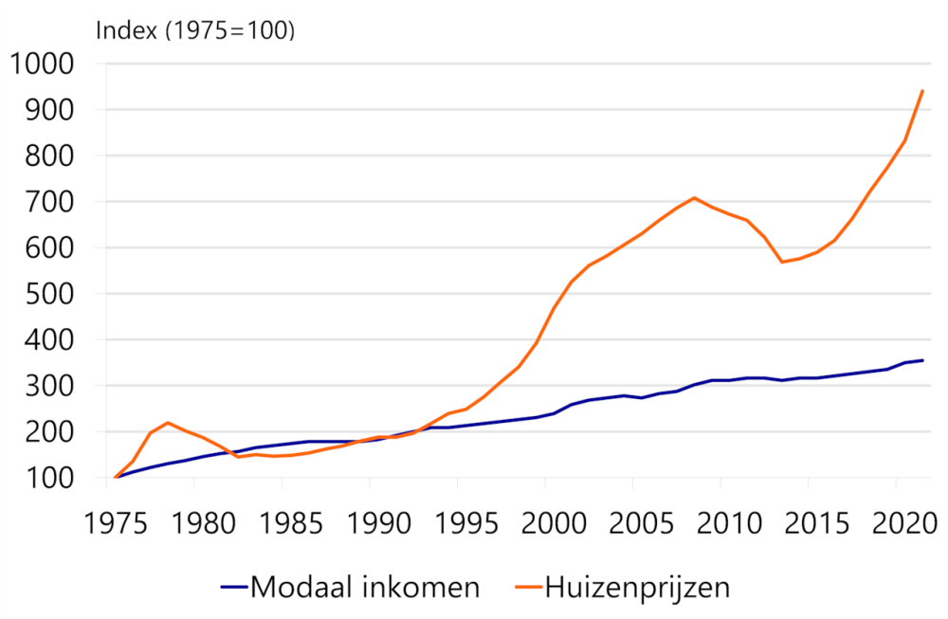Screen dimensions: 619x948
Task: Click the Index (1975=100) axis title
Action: click(x=196, y=29)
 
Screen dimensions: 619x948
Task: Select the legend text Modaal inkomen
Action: click(x=365, y=588)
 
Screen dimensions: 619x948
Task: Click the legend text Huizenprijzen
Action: click(x=637, y=588)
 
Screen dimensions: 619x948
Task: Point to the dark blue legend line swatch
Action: click(x=233, y=588)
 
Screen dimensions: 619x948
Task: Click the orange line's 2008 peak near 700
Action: click(x=694, y=198)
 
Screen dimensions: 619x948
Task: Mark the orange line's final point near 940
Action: click(x=922, y=91)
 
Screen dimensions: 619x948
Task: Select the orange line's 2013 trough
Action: click(x=782, y=262)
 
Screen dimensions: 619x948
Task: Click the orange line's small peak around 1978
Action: click(x=168, y=423)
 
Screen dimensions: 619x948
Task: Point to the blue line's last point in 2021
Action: click(x=922, y=360)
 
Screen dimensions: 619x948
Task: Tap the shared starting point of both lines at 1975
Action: click(x=116, y=477)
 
